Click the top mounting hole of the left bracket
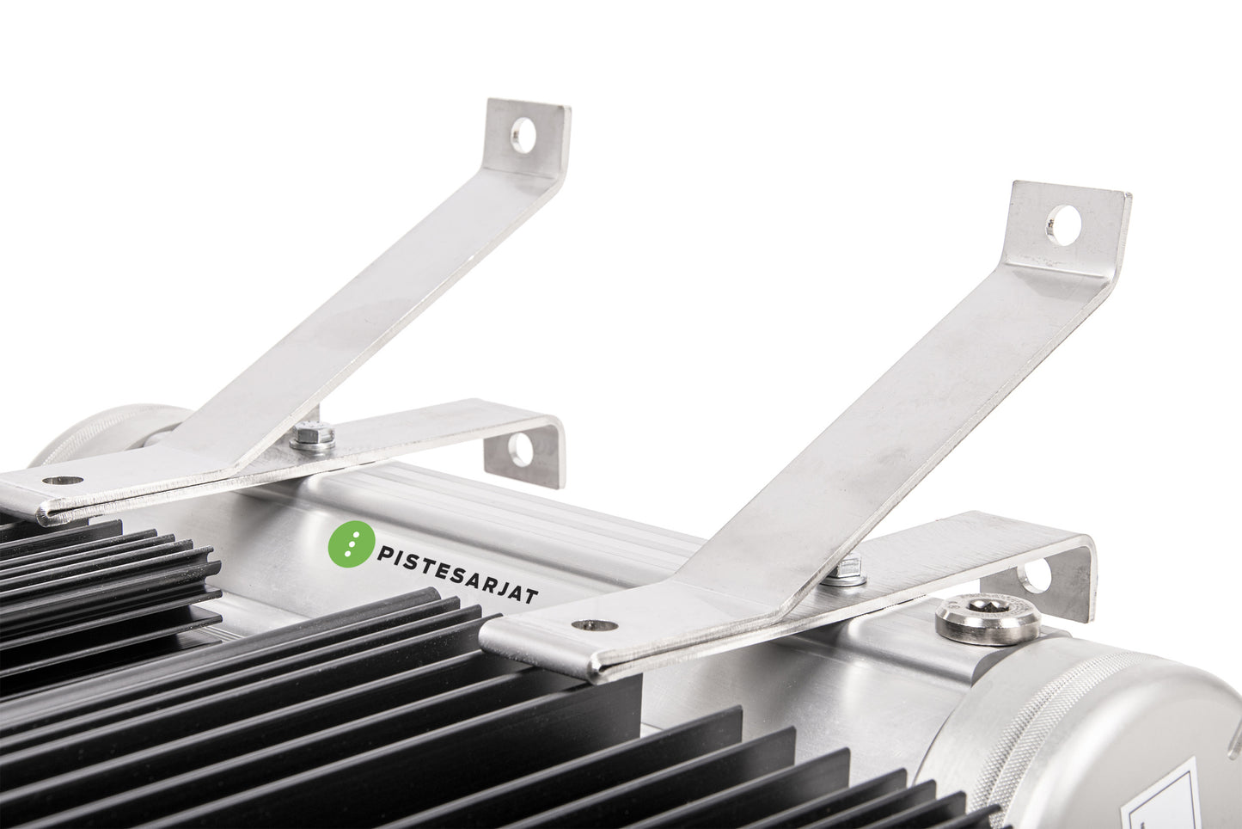pyautogui.click(x=524, y=134)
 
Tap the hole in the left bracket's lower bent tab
pyautogui.click(x=520, y=450)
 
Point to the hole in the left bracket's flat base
pyautogui.click(x=63, y=481)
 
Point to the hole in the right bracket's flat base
pyautogui.click(x=595, y=626)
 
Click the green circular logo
pyautogui.click(x=352, y=543)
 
